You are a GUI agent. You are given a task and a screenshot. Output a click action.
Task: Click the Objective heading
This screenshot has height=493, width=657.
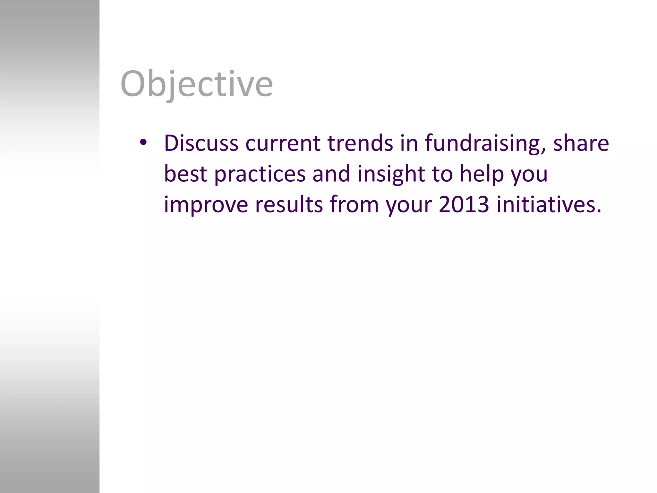pos(196,84)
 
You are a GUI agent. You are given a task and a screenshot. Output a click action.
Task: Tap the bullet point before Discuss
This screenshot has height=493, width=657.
pos(143,142)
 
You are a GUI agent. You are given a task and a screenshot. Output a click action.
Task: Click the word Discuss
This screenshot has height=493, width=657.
pos(201,143)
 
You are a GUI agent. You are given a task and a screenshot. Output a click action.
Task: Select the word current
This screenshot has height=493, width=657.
pos(283,143)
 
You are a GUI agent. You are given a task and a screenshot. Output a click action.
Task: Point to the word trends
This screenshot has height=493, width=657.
pos(360,143)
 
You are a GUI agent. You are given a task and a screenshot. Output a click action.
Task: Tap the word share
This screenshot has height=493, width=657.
pos(581,143)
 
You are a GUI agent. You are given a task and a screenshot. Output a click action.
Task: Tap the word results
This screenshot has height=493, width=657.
pos(289,204)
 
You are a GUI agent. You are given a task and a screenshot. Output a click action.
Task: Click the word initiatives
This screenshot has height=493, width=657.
pos(549,204)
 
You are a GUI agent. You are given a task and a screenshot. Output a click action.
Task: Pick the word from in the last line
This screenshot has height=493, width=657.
pos(354,204)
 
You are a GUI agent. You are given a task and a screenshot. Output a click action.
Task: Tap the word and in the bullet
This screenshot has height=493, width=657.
pos(331,174)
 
